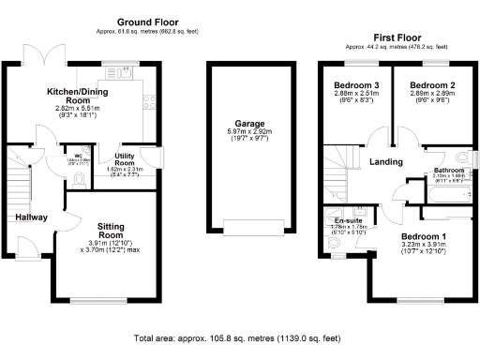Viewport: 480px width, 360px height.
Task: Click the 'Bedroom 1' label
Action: pos(425,237)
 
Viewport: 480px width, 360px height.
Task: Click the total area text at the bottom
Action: pos(238,337)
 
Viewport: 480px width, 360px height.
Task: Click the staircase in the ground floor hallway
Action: pos(19,178)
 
